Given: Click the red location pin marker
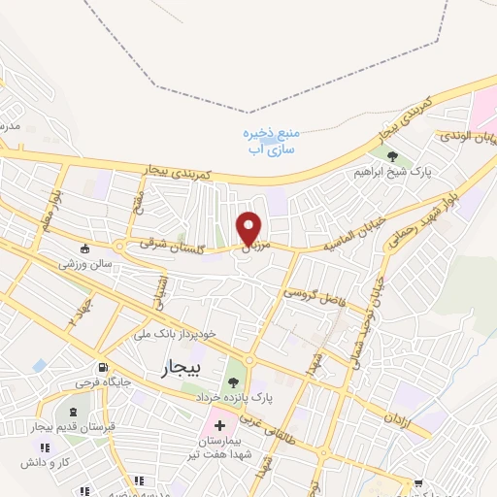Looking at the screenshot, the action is [250, 228].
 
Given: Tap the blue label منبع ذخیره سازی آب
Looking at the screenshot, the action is [267, 142].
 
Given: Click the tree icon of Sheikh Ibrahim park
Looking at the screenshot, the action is [392, 155].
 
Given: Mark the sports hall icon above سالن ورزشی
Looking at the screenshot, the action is [85, 247].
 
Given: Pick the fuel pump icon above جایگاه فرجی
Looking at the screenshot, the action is [104, 368].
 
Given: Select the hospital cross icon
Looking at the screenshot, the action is [219, 425].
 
